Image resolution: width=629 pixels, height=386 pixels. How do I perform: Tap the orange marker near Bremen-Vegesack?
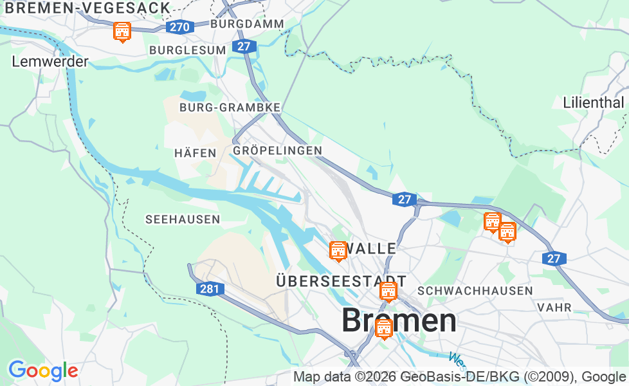tap(122, 31)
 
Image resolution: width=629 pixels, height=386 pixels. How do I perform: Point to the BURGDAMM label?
tap(247, 24)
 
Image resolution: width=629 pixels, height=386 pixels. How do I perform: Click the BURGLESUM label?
tap(187, 50)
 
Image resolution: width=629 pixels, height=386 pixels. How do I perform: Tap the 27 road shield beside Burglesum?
tap(243, 46)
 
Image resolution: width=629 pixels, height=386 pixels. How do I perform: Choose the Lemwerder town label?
tap(50, 62)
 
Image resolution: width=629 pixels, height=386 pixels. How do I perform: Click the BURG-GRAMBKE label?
tap(230, 107)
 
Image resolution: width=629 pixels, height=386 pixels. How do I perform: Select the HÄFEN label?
tap(195, 153)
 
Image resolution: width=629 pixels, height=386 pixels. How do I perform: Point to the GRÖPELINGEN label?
tap(277, 150)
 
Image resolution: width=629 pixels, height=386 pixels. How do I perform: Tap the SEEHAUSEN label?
tap(183, 219)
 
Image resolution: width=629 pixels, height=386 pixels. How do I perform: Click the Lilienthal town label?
tap(593, 102)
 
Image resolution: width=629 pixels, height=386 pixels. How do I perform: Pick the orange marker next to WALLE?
tap(338, 251)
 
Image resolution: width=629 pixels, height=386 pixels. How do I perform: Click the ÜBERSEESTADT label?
tap(341, 281)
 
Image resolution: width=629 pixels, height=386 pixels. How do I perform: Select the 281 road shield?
tap(209, 289)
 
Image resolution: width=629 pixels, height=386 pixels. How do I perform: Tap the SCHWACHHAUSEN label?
tap(475, 291)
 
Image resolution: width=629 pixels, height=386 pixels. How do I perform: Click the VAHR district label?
tap(554, 308)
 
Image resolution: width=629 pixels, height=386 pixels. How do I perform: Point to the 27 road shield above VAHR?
tap(553, 259)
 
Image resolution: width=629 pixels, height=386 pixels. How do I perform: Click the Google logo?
tap(43, 371)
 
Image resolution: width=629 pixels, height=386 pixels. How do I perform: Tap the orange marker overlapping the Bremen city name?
tap(384, 328)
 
